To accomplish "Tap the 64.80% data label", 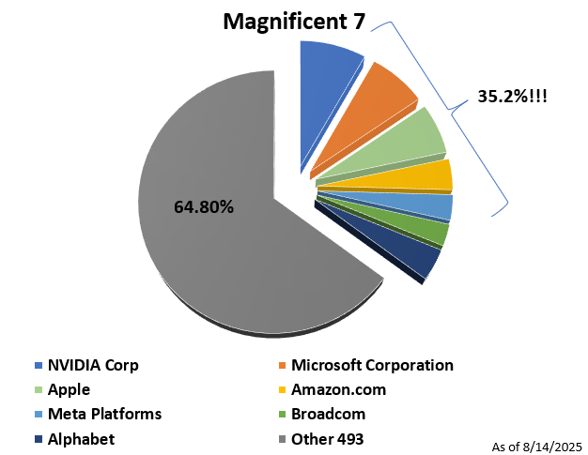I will (204, 207).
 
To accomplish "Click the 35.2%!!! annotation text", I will (512, 96).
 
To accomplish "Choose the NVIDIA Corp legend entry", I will (92, 365).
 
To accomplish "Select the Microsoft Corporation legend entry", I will (372, 365).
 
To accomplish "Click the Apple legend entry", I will (69, 389).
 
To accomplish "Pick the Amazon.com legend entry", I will (338, 389).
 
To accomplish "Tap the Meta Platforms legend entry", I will (104, 414).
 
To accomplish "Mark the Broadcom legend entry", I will (328, 414).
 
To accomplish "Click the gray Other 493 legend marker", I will (281, 439).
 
